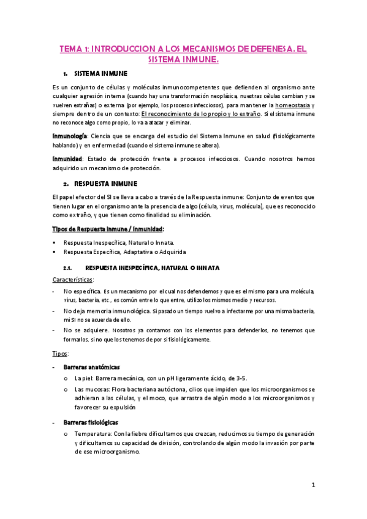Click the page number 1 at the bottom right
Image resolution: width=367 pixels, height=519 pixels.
point(313,486)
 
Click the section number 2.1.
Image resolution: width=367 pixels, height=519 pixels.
point(68,268)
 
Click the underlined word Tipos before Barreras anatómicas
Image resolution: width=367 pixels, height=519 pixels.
point(61,354)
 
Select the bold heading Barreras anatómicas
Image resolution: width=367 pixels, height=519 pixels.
point(92,367)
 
